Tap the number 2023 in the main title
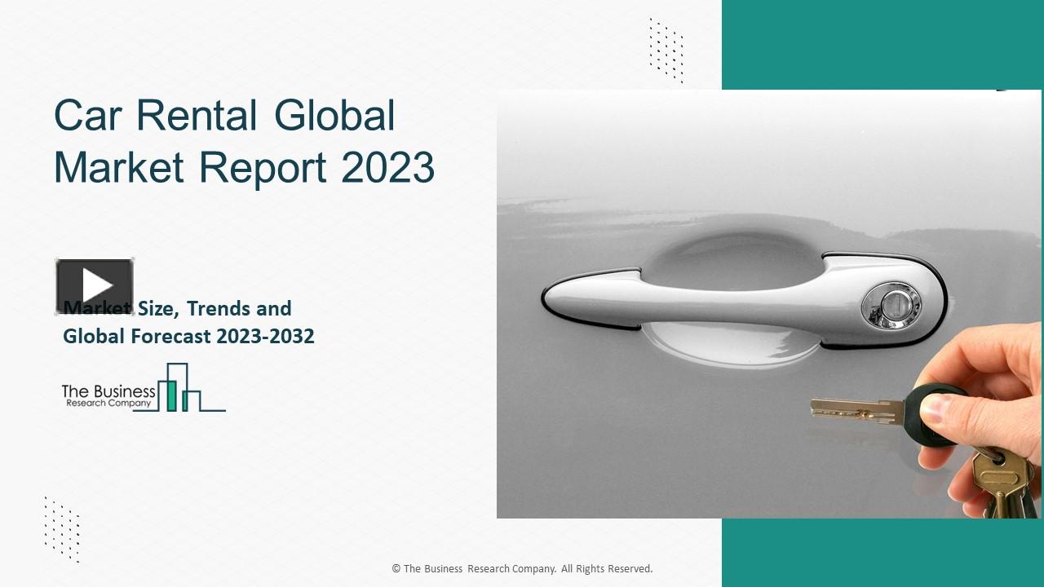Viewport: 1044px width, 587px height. click(x=387, y=167)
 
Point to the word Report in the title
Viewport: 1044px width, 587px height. click(x=263, y=169)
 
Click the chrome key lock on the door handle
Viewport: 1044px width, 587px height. click(x=891, y=307)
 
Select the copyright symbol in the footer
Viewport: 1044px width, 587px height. click(x=396, y=569)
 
